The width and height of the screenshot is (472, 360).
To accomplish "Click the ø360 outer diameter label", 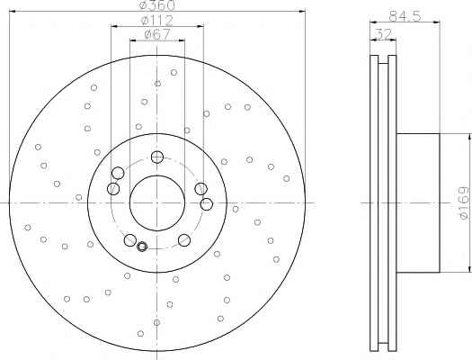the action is coord(157,4).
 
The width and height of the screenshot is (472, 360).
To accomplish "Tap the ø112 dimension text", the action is coord(156,20).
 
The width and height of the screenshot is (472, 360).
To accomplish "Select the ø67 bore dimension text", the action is coord(157,34).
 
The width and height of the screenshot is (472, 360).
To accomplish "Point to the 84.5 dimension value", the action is coord(405,16).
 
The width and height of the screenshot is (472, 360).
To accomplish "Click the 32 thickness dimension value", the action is coord(384,34).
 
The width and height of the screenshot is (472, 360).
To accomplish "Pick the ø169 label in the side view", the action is coord(464,203).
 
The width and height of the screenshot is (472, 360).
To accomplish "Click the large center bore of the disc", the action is coord(157,203).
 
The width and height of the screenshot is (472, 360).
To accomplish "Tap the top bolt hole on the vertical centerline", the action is coord(157,157).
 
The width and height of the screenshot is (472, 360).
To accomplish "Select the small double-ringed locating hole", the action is coord(142,247).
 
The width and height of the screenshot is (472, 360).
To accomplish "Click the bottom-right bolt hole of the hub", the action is coord(184,240).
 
